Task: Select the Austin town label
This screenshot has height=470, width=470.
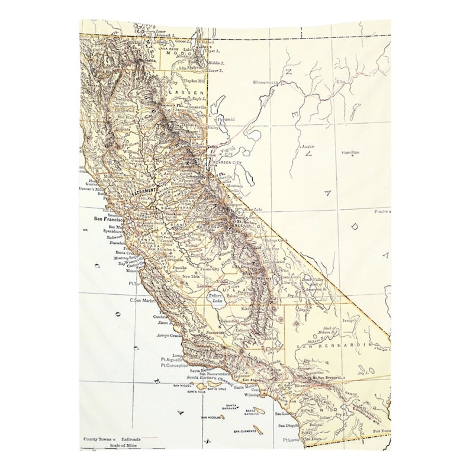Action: coord(308,146)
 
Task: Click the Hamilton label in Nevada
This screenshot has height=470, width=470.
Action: coord(350,152)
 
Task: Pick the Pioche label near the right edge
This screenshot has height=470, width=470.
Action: coord(381,211)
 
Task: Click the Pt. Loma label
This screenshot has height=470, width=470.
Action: coord(294,440)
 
